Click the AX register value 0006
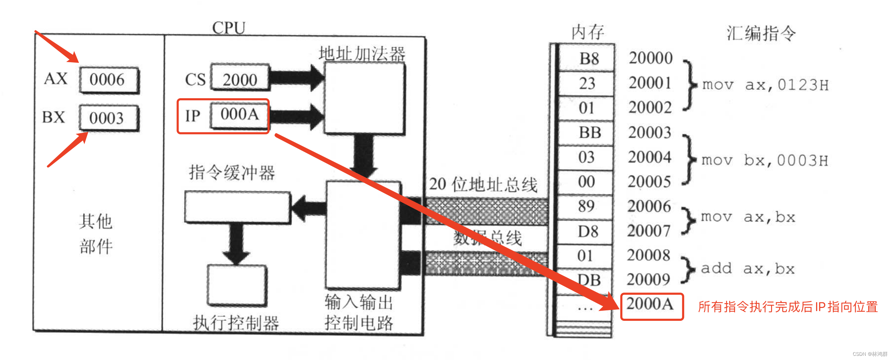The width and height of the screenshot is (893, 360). (108, 80)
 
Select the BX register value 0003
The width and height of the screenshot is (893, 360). (107, 118)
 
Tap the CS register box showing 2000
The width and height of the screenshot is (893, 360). (240, 79)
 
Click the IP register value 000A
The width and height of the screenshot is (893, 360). (240, 114)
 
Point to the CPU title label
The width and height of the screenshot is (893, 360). (229, 28)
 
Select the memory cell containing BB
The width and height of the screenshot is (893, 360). (589, 133)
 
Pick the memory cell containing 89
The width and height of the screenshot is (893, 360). (586, 206)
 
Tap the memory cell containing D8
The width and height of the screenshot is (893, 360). (588, 231)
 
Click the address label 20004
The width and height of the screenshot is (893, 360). (649, 157)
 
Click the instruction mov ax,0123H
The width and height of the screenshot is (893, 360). (765, 85)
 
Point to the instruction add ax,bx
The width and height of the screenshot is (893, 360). (748, 269)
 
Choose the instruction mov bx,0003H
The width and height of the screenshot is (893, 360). (764, 160)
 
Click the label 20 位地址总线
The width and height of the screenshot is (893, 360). (483, 185)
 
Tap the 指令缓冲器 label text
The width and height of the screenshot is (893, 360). (232, 173)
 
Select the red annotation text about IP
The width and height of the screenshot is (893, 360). (787, 307)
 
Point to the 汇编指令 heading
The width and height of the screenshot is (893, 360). (761, 34)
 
